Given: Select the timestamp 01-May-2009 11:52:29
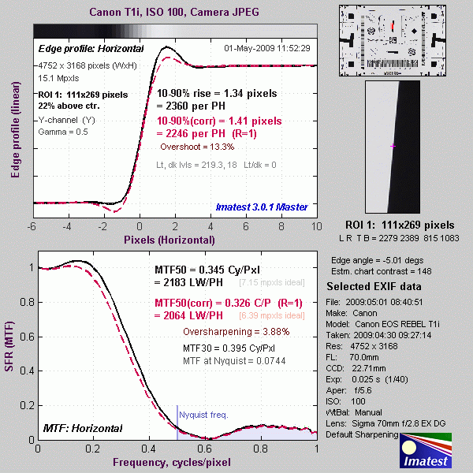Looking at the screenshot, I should point(267,48).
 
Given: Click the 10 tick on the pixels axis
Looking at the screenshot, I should point(316,226).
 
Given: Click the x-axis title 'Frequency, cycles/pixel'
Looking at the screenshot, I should point(176,461).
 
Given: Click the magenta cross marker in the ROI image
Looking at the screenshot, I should point(393,147).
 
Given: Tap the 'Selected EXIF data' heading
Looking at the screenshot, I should point(374,285).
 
